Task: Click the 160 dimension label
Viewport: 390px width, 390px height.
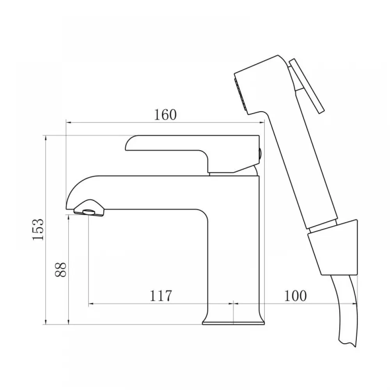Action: point(165,115)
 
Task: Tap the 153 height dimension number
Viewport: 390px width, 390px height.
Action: point(38,230)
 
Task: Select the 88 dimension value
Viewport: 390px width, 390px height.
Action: point(61,269)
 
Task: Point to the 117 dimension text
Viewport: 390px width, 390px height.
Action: point(161,296)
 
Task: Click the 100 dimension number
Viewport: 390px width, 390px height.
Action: point(295,296)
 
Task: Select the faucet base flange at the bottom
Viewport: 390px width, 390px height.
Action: point(233,323)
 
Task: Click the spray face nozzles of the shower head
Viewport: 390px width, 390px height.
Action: point(240,94)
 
